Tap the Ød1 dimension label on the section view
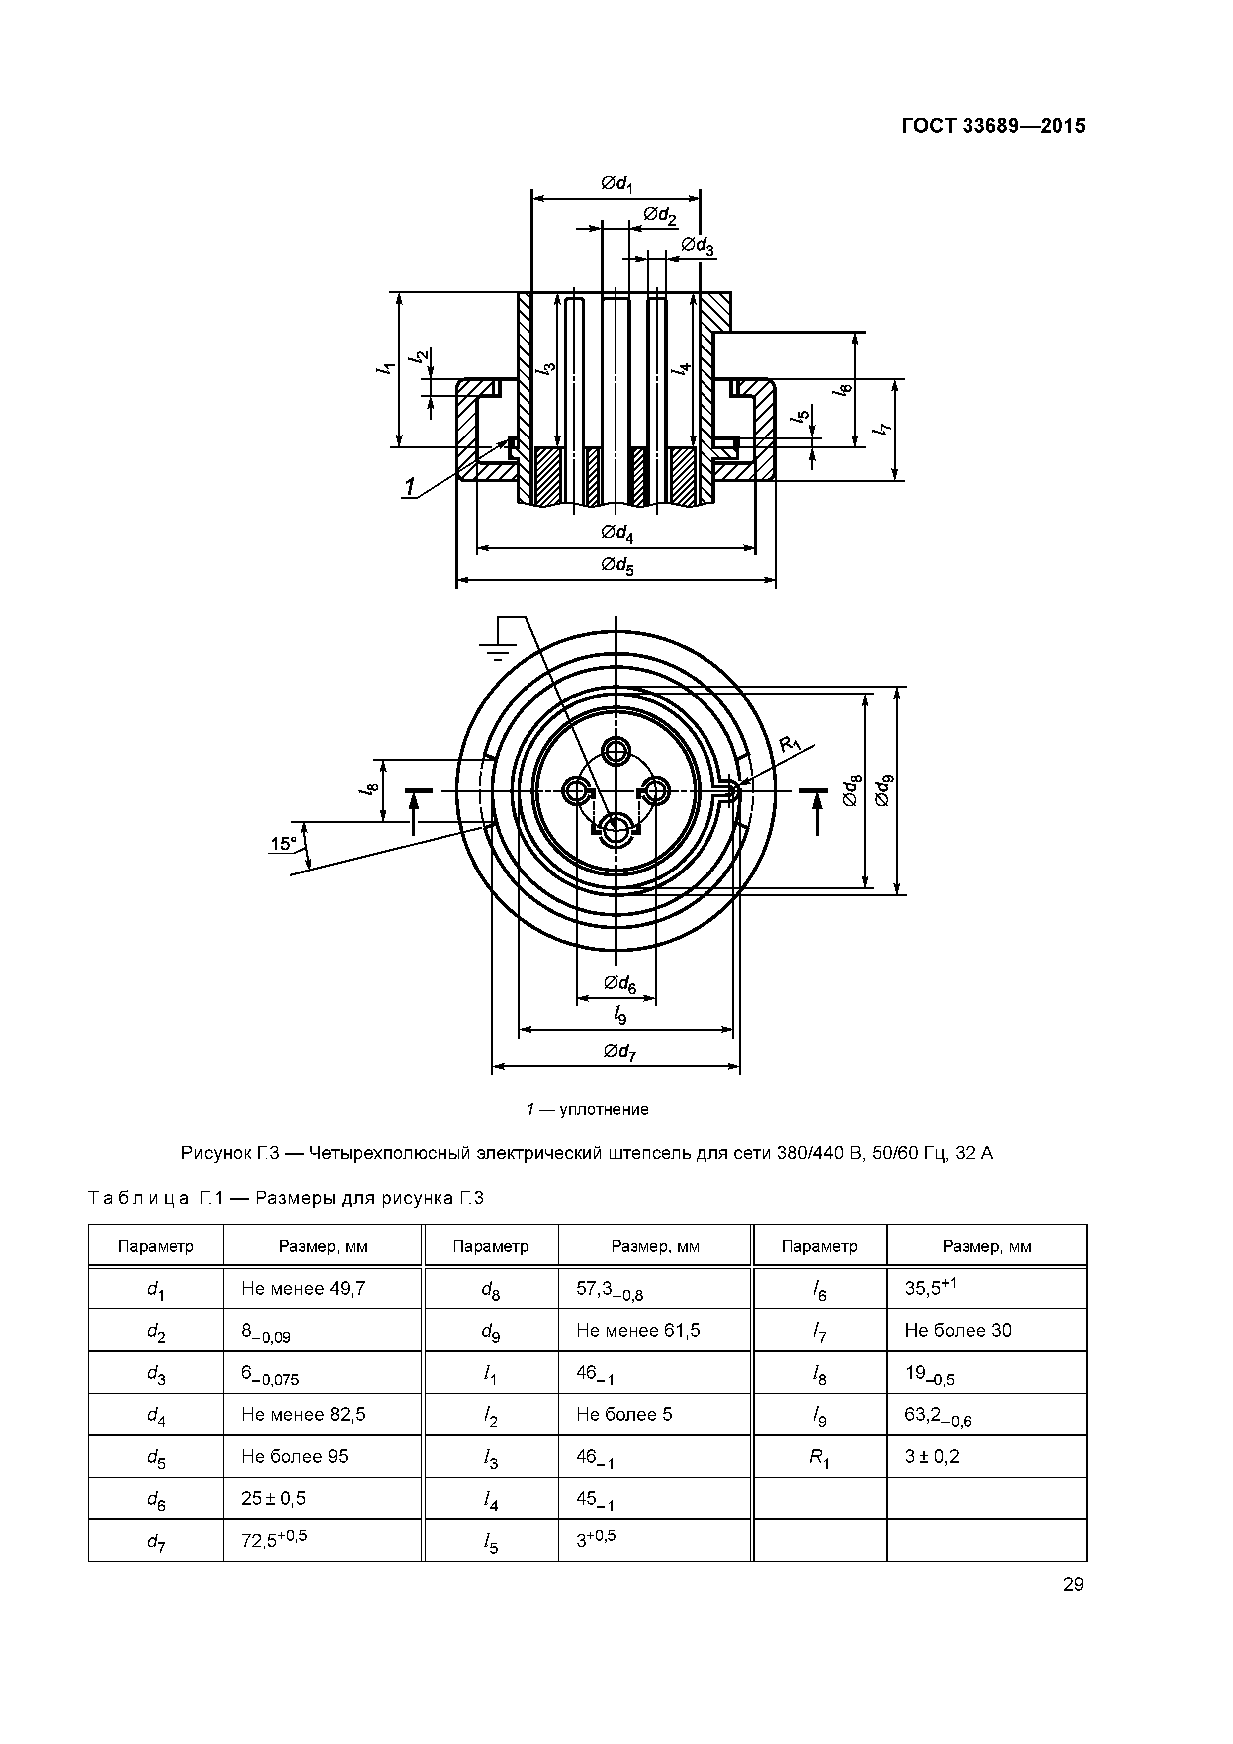(617, 184)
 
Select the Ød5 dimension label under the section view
(617, 565)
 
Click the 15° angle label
(284, 843)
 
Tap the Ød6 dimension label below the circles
(619, 984)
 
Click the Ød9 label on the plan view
(884, 790)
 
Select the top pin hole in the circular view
(616, 751)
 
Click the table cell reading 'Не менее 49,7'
(303, 1288)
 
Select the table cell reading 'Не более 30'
(958, 1330)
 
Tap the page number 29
(1073, 1584)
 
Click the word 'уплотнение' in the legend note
(604, 1109)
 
